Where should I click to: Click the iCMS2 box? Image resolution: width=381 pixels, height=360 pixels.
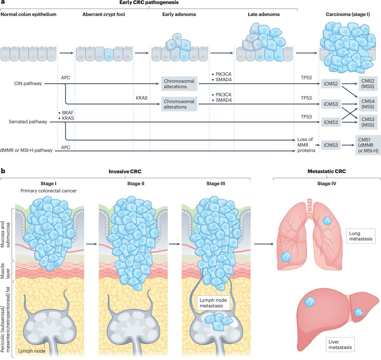tap(331, 84)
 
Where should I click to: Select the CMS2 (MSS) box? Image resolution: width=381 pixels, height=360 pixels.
tap(368, 84)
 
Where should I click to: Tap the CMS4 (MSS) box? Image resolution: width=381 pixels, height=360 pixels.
tap(368, 104)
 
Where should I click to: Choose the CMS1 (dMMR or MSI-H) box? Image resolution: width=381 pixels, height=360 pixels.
tap(368, 145)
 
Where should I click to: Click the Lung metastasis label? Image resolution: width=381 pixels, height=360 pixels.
tap(360, 236)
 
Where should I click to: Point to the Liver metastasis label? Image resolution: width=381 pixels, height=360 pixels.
tap(340, 344)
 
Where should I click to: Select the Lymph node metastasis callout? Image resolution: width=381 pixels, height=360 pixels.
tap(213, 303)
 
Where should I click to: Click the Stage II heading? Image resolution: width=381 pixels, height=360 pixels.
tap(136, 183)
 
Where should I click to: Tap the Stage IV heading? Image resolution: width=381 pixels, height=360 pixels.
tap(326, 183)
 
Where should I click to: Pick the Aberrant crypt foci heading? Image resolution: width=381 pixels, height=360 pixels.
tap(104, 14)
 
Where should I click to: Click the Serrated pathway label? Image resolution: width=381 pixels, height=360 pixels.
tap(28, 122)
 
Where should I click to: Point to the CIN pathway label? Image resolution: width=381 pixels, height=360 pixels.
tap(28, 83)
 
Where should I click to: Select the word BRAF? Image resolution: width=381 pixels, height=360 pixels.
tap(68, 113)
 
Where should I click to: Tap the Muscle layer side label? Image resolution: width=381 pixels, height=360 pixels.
tap(5, 270)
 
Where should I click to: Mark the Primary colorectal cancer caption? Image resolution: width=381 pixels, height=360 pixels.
tap(49, 191)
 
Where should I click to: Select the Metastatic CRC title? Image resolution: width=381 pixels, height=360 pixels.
tap(326, 171)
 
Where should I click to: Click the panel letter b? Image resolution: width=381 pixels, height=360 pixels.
tap(3, 171)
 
